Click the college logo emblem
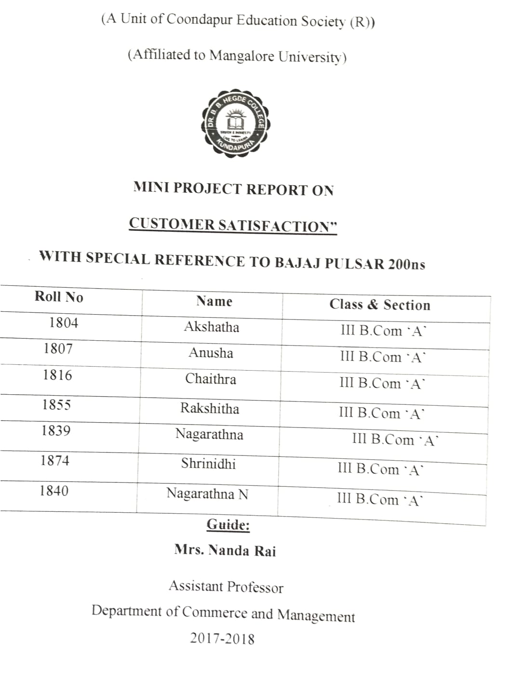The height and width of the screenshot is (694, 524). (235, 122)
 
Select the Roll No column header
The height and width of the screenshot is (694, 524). (59, 297)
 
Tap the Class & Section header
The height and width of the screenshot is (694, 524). (380, 305)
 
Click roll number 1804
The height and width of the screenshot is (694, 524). (64, 322)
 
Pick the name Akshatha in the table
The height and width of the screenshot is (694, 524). (211, 327)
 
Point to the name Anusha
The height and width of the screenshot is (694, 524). (211, 353)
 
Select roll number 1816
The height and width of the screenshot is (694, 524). (57, 375)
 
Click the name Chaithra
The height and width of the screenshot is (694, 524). (211, 379)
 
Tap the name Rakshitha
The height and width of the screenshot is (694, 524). (210, 409)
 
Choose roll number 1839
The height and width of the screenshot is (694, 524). (56, 430)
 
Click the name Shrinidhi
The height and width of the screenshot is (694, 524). (208, 464)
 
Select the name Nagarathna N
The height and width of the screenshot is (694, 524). (207, 494)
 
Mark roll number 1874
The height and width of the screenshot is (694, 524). (55, 461)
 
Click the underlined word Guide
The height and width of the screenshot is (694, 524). (228, 524)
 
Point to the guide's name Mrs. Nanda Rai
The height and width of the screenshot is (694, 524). (225, 550)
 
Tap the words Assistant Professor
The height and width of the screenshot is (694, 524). (226, 587)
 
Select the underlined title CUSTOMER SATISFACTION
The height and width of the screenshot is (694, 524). (233, 226)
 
